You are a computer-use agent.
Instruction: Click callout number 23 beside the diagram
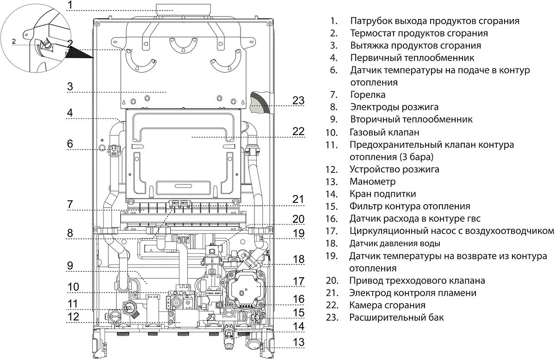[x=299, y=100]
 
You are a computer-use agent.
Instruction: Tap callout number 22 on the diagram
[x=298, y=131]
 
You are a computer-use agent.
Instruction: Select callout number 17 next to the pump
[x=299, y=281]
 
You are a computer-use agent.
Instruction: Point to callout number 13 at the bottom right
[x=299, y=342]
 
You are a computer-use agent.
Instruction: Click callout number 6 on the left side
[x=70, y=144]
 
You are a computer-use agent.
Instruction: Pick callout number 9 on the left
[x=70, y=266]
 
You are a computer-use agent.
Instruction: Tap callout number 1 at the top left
[x=70, y=6]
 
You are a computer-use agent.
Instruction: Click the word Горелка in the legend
[x=368, y=95]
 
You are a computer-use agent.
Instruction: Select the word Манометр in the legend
[x=373, y=182]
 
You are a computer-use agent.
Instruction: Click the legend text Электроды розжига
[x=394, y=107]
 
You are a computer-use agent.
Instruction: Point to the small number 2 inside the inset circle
[x=14, y=42]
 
